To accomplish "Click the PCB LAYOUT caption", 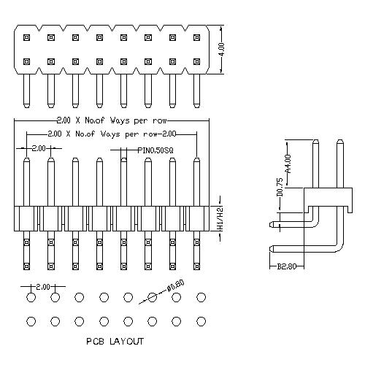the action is click(115, 341).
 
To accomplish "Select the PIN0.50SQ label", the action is click(155, 150).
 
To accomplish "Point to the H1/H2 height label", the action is click(220, 218).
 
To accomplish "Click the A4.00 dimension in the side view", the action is click(288, 164).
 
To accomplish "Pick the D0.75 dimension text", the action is click(280, 187).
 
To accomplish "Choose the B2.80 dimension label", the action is click(287, 266).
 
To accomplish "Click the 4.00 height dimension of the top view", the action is click(221, 50).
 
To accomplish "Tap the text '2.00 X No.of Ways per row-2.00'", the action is click(112, 134).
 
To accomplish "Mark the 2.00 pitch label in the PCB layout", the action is click(43, 287).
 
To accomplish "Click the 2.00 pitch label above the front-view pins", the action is click(39, 148).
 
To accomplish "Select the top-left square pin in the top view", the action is click(26, 38).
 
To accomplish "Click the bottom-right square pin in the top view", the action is click(196, 61).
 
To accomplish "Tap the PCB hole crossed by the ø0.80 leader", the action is click(153, 297).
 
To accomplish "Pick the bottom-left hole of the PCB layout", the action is click(31, 321).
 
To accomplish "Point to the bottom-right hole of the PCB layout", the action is click(201, 321).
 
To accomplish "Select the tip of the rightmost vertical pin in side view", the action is click(340, 140).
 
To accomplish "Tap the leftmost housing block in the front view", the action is click(26, 218).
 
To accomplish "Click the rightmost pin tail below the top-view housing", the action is click(196, 91).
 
